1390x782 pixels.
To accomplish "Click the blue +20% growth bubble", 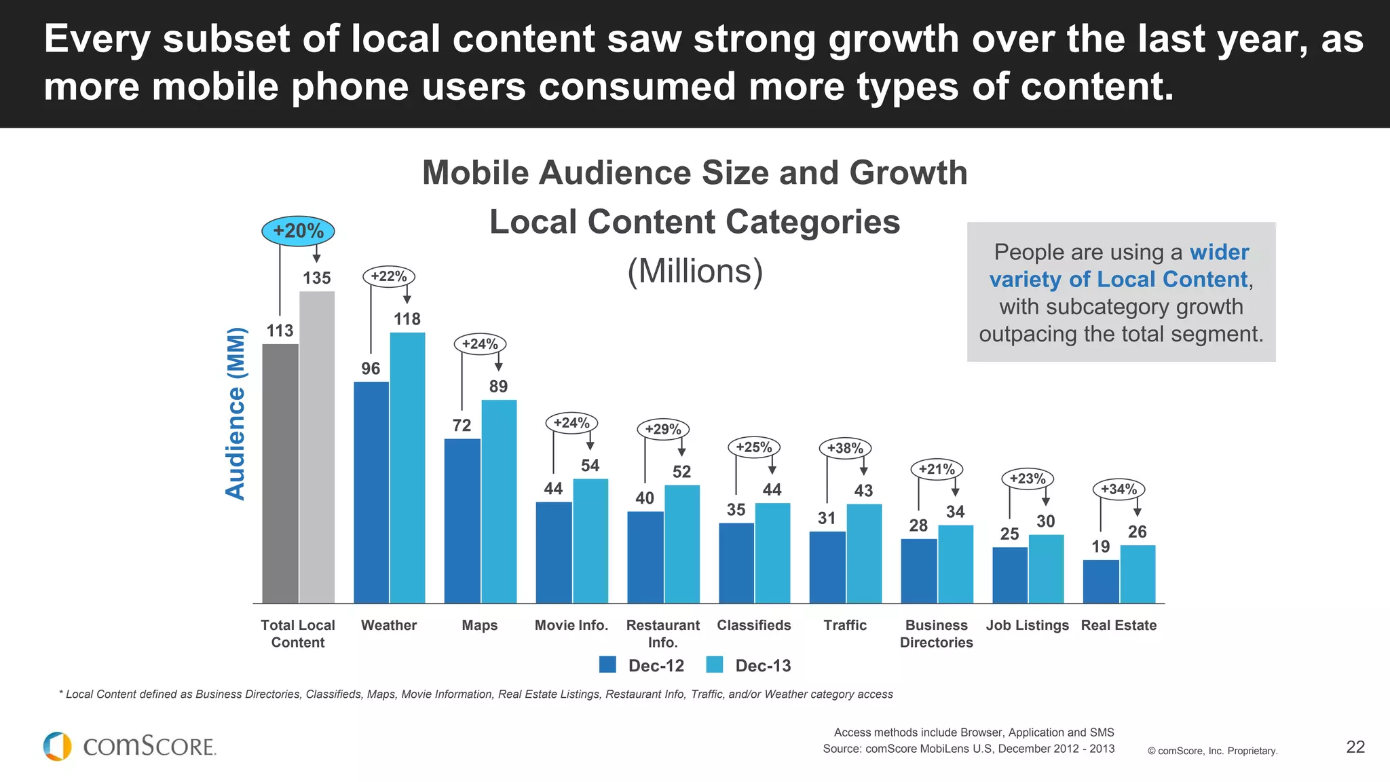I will tap(298, 231).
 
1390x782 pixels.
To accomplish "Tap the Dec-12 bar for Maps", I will tap(462, 521).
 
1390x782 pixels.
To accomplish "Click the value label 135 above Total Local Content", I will tap(317, 278).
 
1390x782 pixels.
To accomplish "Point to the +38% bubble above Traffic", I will tap(845, 448).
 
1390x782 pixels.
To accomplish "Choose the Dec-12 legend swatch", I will tap(607, 665).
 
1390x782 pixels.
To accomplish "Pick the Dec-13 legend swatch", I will tap(715, 665).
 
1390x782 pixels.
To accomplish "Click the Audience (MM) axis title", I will tap(236, 413).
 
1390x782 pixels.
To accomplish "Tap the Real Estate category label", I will tap(1119, 625).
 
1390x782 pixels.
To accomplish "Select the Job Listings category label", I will tap(1027, 625).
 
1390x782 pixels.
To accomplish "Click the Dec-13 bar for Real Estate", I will tap(1138, 574).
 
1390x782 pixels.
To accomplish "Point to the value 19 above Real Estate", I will tap(1100, 546).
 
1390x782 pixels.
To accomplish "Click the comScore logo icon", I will tap(58, 746).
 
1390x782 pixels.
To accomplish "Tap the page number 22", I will tap(1355, 747).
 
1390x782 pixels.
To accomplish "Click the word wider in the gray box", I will tap(1219, 252).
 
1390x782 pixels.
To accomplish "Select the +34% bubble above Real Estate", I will tap(1119, 489).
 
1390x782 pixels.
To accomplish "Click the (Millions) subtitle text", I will tap(695, 271).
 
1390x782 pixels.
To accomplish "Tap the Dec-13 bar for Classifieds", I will tap(772, 553).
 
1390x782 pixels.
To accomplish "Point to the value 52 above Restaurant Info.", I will tap(681, 472).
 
